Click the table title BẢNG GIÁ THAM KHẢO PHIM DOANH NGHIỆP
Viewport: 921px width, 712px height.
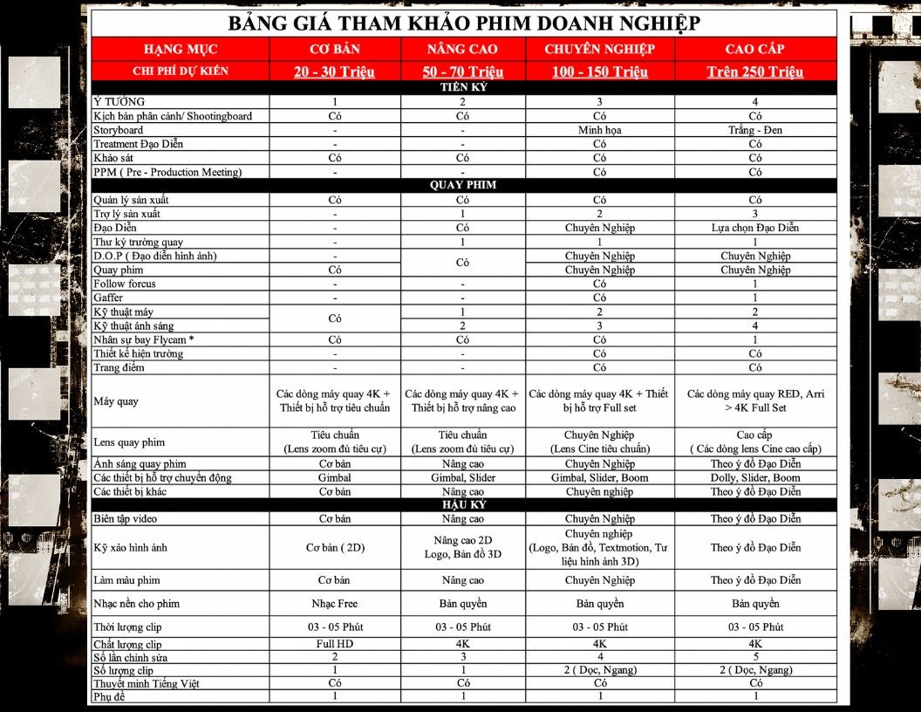pos(463,24)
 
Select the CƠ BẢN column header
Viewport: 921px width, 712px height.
pos(334,49)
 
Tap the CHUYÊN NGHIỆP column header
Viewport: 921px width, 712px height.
pos(599,49)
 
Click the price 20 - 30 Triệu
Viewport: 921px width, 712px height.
pos(334,72)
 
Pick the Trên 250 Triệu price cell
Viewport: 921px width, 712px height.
pos(754,72)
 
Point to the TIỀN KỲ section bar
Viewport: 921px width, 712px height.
pos(463,87)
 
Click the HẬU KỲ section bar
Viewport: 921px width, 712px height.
pos(463,504)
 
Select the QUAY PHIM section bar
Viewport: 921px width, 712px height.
pos(463,185)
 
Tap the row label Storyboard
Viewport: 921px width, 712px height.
pos(119,130)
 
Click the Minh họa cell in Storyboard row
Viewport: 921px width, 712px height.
pos(599,130)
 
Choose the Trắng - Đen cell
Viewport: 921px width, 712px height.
pos(754,130)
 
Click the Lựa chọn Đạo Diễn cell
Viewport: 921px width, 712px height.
pos(754,228)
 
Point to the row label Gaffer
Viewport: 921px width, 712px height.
pos(108,298)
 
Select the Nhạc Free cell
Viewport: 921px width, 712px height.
pos(334,604)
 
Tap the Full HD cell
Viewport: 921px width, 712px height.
pos(334,644)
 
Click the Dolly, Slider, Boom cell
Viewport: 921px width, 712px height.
pos(754,477)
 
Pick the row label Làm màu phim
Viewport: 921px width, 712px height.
pos(126,580)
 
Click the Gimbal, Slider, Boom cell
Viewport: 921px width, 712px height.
pos(599,477)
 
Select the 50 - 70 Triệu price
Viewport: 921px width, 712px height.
pos(463,72)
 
